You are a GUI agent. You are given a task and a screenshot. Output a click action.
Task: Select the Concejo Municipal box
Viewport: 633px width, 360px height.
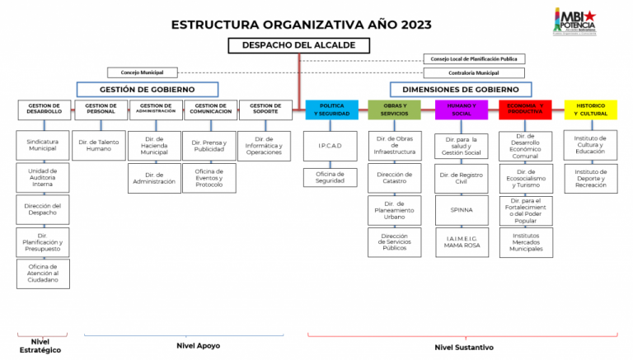click(142, 72)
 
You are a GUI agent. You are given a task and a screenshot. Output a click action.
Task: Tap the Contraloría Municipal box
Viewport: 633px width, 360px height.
click(474, 72)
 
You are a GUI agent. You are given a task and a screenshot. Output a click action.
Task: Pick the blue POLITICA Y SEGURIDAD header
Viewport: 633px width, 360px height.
click(331, 110)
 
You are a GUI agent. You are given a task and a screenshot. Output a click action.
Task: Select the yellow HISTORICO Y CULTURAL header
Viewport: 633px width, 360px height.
click(591, 110)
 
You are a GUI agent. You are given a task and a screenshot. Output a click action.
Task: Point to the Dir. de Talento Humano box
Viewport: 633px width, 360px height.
click(99, 146)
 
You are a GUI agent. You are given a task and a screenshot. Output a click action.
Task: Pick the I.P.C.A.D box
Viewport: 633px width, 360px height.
click(331, 146)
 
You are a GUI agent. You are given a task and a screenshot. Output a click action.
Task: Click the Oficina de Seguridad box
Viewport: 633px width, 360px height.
click(331, 177)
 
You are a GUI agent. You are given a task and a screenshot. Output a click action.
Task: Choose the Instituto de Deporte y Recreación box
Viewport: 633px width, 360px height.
click(591, 177)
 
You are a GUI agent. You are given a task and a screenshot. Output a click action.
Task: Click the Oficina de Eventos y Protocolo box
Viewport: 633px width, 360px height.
click(209, 179)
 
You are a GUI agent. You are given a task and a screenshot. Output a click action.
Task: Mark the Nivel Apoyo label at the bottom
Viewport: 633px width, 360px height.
click(198, 345)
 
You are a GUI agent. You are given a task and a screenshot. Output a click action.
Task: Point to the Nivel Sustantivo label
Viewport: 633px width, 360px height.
click(463, 348)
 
